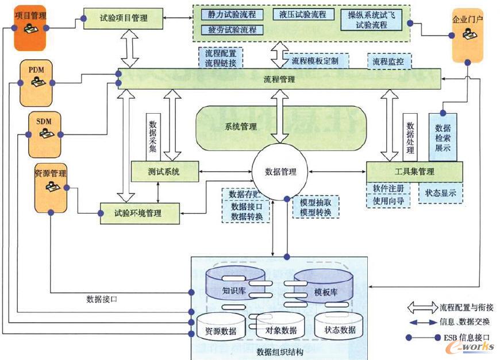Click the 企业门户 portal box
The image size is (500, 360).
point(467,34)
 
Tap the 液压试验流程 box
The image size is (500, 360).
point(302,14)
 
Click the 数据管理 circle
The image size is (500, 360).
point(280,171)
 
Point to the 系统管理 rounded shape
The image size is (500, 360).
point(241,127)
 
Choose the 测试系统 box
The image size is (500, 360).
point(165,171)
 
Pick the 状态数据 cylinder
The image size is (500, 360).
point(340,329)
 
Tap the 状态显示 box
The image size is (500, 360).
point(441,193)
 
